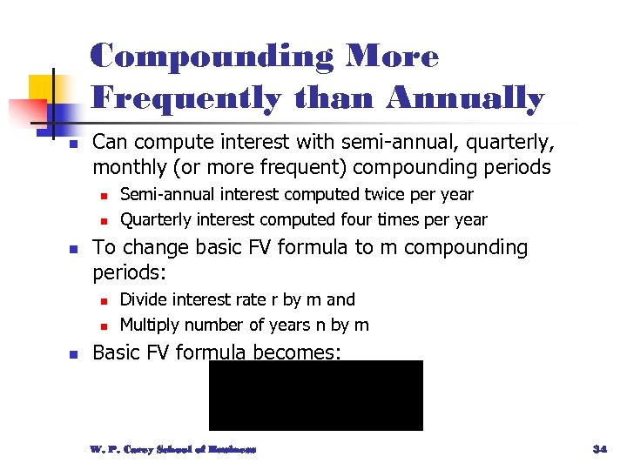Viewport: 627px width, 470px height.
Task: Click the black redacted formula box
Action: (x=315, y=395)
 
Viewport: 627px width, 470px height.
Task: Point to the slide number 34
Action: (x=599, y=449)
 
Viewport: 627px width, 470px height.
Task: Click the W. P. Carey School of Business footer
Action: (x=172, y=449)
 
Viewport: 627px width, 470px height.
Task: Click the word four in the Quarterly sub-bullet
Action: (x=375, y=220)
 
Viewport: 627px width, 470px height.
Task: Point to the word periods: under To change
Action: (x=129, y=272)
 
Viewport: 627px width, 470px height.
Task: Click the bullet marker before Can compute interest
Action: (x=73, y=143)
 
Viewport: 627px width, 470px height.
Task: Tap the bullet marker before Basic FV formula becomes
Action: (x=73, y=354)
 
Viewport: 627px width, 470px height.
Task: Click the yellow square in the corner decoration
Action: (x=41, y=88)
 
